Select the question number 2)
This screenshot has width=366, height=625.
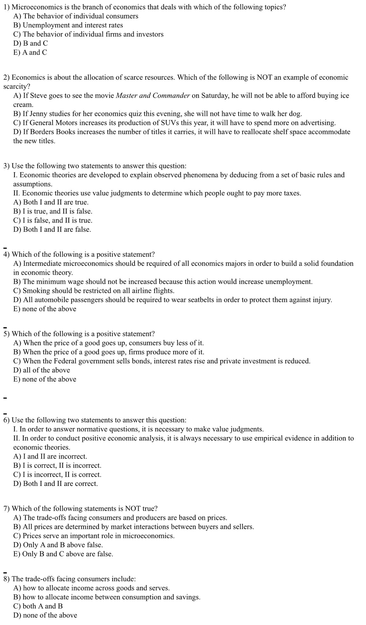coord(6,77)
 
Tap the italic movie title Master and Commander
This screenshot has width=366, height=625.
coord(153,96)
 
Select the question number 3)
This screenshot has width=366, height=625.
coord(6,166)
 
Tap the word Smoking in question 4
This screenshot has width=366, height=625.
coord(36,291)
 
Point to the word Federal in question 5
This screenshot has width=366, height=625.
coord(65,361)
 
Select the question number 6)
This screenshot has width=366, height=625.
coord(6,420)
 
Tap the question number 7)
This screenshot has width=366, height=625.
coord(6,509)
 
